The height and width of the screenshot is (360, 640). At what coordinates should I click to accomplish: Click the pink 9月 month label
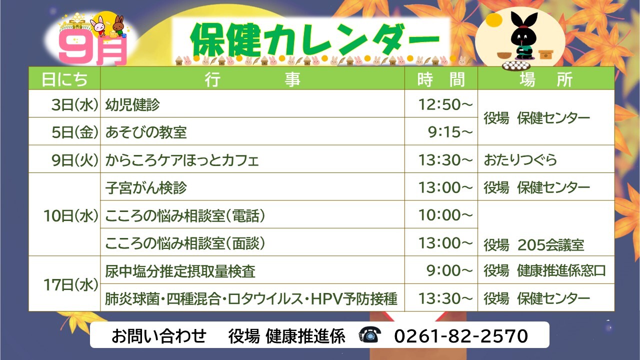coord(92,51)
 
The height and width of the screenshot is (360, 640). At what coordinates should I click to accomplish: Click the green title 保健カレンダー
coord(315,40)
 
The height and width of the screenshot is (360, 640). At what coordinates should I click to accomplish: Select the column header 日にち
coord(64,79)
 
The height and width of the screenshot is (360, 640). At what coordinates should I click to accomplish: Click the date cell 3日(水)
coord(75,104)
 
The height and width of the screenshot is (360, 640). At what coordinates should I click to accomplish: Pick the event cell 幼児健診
coord(132,104)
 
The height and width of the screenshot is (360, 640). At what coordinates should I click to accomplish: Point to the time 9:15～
coord(450,132)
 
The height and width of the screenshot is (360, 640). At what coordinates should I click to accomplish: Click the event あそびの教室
coord(146,132)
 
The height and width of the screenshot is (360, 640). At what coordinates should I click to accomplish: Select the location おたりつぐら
coord(520,160)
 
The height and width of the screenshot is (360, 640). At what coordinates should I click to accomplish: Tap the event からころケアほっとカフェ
coord(182,160)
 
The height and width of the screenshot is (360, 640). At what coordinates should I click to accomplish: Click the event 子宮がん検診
coord(146,187)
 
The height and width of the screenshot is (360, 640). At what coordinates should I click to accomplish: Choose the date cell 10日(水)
coord(71,215)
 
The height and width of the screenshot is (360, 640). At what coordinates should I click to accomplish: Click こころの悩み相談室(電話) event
coord(185,215)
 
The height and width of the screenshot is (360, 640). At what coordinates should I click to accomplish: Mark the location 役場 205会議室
coord(533,245)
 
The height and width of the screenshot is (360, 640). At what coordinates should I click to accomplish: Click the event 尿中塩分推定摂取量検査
coord(180,271)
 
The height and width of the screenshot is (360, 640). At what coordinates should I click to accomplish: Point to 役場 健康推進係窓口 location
coord(544,271)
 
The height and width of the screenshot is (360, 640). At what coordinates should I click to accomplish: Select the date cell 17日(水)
coord(71,285)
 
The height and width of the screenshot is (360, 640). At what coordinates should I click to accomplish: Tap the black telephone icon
coord(370,335)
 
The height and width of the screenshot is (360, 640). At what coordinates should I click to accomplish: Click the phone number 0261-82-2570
coord(461,335)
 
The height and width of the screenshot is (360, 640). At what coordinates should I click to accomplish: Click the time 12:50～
coord(445,104)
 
